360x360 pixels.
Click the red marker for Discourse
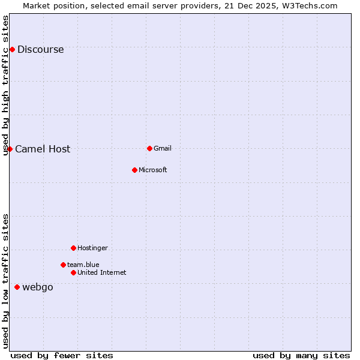(x=12, y=49)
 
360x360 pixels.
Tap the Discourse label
(x=40, y=50)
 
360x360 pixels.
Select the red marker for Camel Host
(x=10, y=149)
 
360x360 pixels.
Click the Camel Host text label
(x=43, y=149)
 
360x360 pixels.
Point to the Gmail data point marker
(x=149, y=148)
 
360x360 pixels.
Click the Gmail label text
(x=163, y=149)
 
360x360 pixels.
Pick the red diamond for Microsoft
(x=134, y=170)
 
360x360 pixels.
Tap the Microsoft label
(x=152, y=170)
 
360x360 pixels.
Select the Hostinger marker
(x=73, y=248)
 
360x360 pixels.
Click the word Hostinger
(x=92, y=248)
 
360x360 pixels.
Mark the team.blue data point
(x=63, y=265)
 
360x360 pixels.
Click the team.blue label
(x=83, y=265)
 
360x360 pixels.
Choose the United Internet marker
(x=73, y=272)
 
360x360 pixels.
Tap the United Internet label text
(x=101, y=273)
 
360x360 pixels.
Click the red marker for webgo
(x=17, y=287)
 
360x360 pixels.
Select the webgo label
(x=38, y=287)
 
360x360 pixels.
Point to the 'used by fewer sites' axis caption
(x=62, y=355)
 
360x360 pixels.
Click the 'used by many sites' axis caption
(x=301, y=355)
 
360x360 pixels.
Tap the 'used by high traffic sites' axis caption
(x=6, y=85)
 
